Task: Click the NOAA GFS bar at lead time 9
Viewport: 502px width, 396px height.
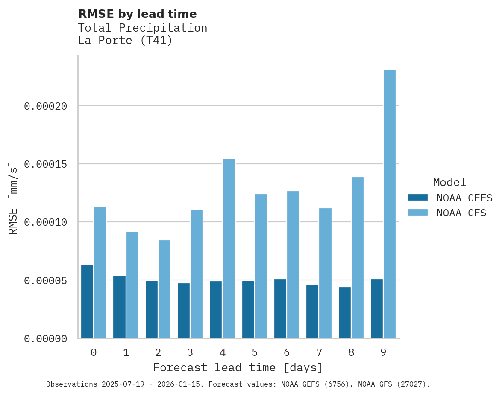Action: tap(389, 204)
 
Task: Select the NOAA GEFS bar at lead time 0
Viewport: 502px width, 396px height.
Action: tap(87, 301)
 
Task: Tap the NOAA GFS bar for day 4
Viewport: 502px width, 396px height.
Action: tap(229, 248)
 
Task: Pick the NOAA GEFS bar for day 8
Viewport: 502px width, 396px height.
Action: tap(345, 312)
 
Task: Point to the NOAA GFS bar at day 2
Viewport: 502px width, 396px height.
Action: tap(164, 289)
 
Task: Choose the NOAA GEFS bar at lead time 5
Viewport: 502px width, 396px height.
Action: tap(248, 309)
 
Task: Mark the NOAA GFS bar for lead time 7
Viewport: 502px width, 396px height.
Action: tap(325, 273)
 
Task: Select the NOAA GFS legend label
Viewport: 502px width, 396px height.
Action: tap(461, 213)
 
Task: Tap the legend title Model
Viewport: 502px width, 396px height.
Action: tap(449, 182)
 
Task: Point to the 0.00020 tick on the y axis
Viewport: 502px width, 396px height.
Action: tap(45, 106)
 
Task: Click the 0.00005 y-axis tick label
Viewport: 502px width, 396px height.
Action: tap(45, 280)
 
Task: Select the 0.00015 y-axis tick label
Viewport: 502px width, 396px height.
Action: tap(45, 164)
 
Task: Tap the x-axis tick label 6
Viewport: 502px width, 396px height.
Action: tap(287, 352)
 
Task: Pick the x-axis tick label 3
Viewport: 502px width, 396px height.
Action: tap(190, 352)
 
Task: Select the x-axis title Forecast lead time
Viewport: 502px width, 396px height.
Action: tap(238, 367)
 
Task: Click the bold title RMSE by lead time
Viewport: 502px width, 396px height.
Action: tap(137, 14)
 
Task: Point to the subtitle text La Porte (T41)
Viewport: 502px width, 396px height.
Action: tap(125, 41)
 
